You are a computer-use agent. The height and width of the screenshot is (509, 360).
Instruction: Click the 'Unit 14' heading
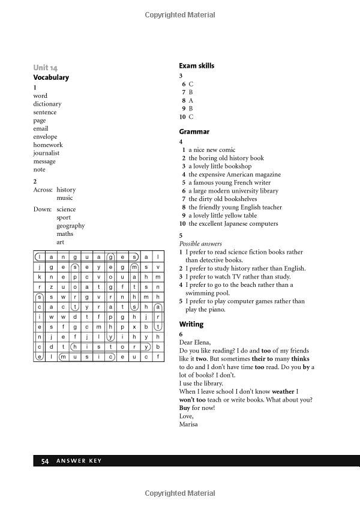46,68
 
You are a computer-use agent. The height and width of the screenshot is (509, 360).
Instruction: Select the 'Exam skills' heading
196,65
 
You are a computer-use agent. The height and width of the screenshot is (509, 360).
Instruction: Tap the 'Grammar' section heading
194,131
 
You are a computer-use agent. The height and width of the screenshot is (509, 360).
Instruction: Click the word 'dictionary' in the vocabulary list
47,104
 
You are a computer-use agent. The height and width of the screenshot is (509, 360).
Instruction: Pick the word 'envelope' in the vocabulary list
45,137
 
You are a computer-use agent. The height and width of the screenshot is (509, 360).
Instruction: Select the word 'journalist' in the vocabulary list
46,153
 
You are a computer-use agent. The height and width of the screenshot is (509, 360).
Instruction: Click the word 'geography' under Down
70,226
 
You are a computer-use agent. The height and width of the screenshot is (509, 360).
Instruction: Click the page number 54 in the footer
44,461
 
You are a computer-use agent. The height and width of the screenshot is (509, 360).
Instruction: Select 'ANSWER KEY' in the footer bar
79,461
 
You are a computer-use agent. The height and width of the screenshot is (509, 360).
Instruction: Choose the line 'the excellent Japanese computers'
233,223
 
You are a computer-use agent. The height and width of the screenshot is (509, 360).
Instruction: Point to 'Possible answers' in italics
200,244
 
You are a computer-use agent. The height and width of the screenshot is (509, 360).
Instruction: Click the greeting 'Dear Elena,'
195,342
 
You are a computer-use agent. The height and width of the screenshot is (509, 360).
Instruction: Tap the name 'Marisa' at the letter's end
188,424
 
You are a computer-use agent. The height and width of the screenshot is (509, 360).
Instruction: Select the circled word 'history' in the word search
111,346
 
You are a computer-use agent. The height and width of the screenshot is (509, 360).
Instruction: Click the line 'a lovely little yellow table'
223,215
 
